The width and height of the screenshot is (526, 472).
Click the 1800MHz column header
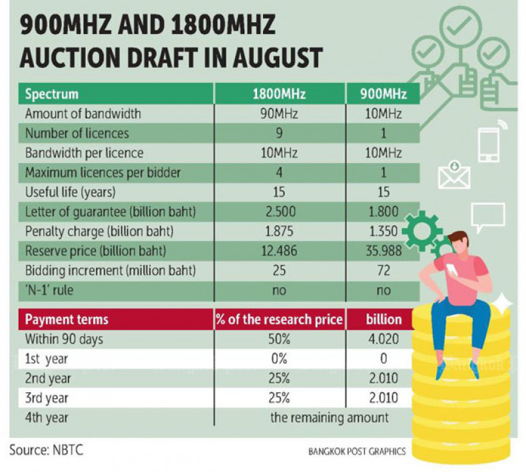coord(279,95)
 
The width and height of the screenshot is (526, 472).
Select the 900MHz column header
coord(383,95)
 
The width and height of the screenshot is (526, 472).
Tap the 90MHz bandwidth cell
coord(279,114)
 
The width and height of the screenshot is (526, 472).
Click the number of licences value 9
coord(279,133)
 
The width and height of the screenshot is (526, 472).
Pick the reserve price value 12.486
coord(279,252)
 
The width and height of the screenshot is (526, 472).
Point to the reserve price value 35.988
coord(382,252)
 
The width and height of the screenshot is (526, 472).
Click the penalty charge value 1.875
coord(279,232)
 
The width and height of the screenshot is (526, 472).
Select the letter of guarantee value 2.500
coord(279,212)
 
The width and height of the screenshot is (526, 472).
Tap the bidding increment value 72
coord(382,272)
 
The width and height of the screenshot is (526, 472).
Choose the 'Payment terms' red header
coord(66,320)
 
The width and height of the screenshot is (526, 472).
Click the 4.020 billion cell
coord(382,340)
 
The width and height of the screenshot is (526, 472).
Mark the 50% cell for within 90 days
coord(279,340)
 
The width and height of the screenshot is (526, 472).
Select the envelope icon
coord(454,175)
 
